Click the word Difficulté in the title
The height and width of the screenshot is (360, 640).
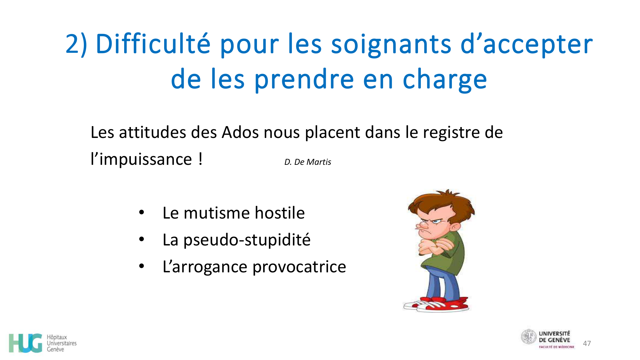153,44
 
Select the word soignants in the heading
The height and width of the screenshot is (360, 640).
391,44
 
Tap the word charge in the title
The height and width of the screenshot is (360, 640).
444,80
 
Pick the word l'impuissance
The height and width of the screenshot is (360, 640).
141,159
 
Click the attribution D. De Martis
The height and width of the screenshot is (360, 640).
308,162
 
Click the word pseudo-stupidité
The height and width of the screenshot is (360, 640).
247,240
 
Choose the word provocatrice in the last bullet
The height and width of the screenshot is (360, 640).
299,267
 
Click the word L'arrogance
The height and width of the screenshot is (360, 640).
205,267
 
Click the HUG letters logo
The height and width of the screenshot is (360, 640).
26,343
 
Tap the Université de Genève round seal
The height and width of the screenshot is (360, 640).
528,337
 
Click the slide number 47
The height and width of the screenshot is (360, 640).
587,343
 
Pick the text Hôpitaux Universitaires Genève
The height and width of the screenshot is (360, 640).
61,343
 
